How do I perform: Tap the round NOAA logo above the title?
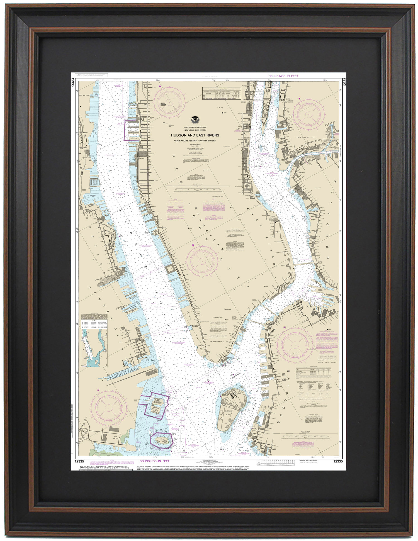(x=195, y=120)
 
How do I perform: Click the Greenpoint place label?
(x=302, y=172)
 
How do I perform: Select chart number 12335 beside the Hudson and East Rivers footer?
(x=338, y=461)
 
